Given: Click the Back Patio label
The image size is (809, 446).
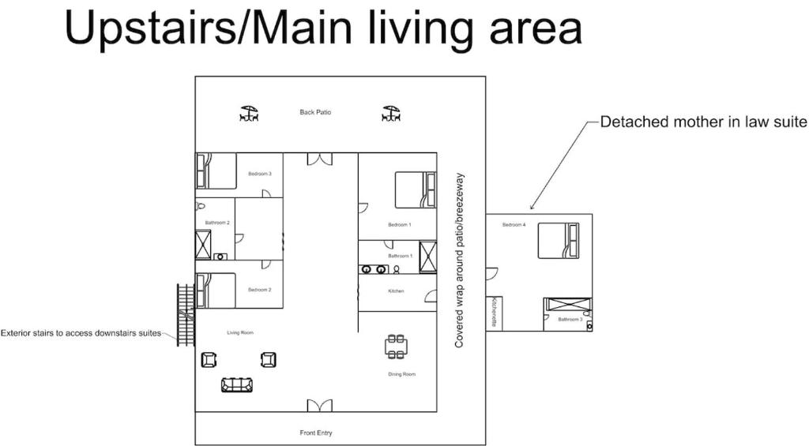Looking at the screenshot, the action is tap(315, 112).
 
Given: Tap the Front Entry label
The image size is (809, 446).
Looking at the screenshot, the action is tap(316, 433).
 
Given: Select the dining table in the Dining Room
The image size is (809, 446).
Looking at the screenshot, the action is tap(396, 347).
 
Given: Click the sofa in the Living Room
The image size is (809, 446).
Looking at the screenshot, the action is tap(237, 384).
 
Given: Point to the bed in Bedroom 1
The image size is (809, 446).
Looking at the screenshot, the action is tap(416, 189).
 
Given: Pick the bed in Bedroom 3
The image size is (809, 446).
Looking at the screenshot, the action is tap(216, 171).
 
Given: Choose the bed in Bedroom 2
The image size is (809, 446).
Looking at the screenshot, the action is tap(216, 290).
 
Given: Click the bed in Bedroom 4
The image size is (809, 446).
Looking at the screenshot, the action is tap(559, 240).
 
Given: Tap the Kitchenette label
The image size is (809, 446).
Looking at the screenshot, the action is tap(494, 312).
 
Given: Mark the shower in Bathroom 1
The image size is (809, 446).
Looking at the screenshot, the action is tap(427, 257).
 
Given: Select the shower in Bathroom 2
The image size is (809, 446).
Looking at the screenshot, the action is tap(203, 245).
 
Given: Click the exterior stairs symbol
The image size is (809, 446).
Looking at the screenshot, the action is tap(186, 314).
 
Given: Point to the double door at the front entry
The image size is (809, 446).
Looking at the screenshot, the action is tap(320, 406).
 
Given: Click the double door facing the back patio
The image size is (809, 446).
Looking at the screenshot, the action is tap(320, 159).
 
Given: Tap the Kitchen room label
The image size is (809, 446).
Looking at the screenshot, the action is tap(396, 291).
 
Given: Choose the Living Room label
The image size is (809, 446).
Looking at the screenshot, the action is tap(240, 332).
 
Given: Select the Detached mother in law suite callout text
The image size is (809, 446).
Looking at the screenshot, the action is tap(704, 122).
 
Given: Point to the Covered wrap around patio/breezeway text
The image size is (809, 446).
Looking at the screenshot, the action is tap(459, 260).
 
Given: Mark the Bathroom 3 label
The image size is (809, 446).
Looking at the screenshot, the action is tap(570, 319).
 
